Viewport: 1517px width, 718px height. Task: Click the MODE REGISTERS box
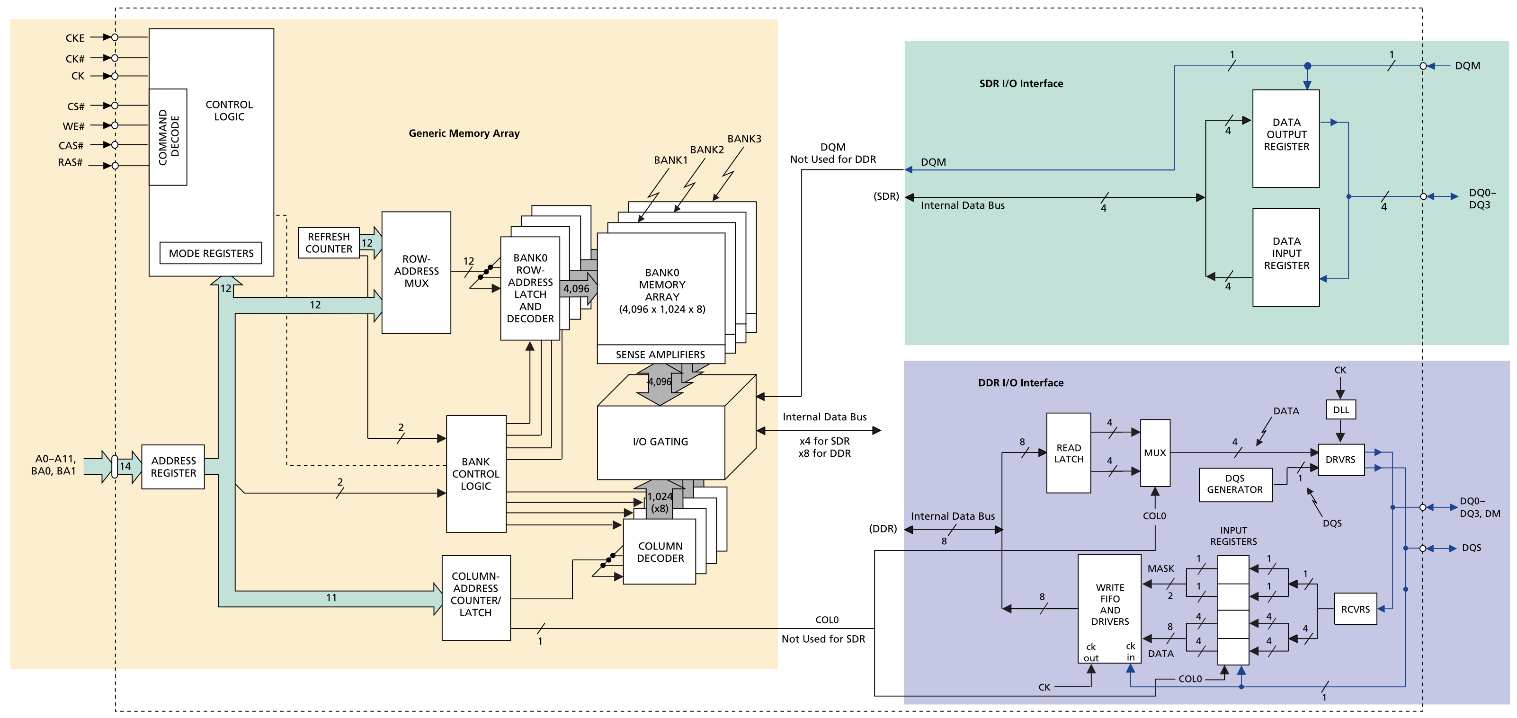211,253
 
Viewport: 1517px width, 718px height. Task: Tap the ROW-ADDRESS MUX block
416,272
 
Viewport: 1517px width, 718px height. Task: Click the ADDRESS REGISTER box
173,467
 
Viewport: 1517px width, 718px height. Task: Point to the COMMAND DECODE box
169,137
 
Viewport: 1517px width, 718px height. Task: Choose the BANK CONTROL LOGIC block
476,474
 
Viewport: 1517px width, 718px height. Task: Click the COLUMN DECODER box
660,552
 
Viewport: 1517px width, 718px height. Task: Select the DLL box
1340,409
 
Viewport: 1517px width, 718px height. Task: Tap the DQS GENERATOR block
1235,484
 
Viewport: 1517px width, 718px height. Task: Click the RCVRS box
1355,609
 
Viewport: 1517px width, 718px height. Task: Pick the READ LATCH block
1068,453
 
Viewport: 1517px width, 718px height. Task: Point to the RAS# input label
70,162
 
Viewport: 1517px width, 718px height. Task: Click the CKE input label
75,38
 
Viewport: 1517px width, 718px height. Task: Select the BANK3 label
744,139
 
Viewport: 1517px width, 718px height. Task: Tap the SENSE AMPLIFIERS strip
660,355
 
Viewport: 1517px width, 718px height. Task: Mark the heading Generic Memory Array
464,133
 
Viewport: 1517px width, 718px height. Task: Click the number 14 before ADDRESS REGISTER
125,466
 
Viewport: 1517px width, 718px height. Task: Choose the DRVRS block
1340,460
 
